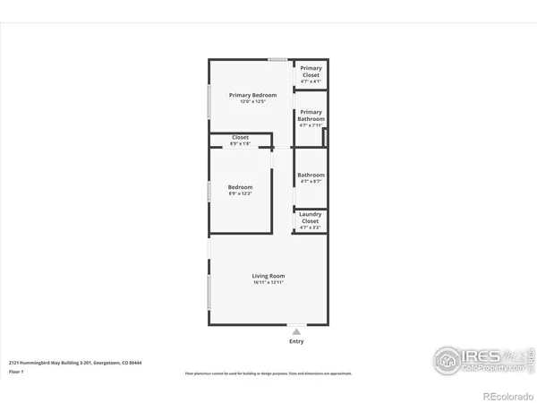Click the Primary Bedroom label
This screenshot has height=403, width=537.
click(252, 95)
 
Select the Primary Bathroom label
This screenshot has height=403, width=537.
click(311, 116)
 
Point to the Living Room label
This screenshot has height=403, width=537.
click(268, 276)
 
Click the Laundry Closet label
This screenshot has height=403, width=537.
click(311, 218)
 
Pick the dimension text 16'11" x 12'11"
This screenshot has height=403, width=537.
click(268, 283)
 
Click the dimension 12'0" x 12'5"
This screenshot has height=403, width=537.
click(252, 101)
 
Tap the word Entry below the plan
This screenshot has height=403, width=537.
click(296, 341)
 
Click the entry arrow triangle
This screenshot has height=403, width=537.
click(296, 330)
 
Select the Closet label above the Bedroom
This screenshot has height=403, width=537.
click(240, 137)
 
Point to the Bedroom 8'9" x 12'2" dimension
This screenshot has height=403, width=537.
click(240, 193)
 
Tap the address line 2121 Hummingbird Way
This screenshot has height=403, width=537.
click(76, 363)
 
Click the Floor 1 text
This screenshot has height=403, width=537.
click(17, 371)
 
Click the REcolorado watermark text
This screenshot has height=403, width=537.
click(505, 395)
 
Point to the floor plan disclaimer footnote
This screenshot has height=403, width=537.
click(268, 372)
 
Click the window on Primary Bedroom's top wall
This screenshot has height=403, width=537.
click(278, 60)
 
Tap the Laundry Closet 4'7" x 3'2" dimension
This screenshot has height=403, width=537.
click(311, 228)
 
